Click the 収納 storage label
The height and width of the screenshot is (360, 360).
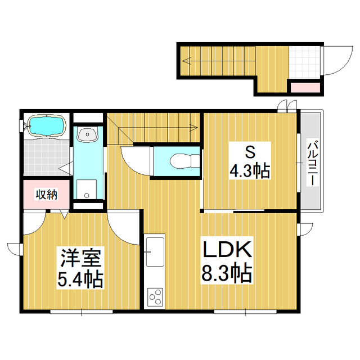coord(47,195)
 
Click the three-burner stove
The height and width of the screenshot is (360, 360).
coord(155,296)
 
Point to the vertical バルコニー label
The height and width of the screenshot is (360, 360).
coord(311,163)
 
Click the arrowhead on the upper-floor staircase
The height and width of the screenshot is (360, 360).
coord(194,128)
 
